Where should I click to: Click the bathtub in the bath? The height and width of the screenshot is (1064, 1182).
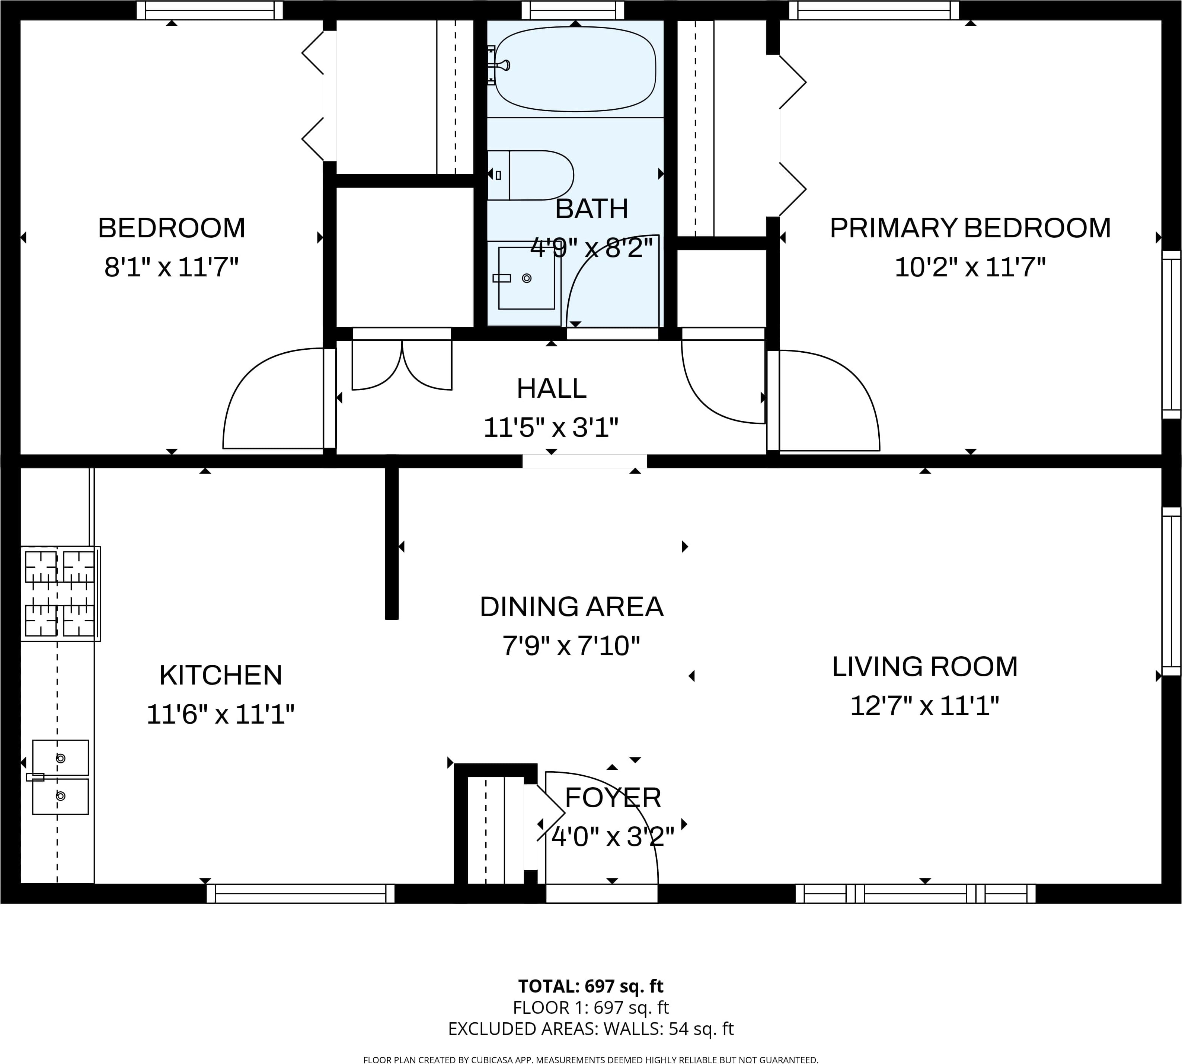pyautogui.click(x=575, y=69)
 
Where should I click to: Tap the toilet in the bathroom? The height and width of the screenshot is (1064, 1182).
pyautogui.click(x=530, y=175)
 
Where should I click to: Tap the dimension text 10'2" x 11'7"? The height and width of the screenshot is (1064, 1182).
pyautogui.click(x=970, y=267)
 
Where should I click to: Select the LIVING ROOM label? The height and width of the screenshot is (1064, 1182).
pyautogui.click(x=925, y=666)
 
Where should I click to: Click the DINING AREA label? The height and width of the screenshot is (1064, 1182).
pyautogui.click(x=571, y=607)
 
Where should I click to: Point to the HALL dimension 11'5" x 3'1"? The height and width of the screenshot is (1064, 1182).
pyautogui.click(x=551, y=427)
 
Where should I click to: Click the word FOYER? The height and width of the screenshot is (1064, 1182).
pyautogui.click(x=613, y=797)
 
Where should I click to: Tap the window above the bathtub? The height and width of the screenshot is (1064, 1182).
pyautogui.click(x=573, y=10)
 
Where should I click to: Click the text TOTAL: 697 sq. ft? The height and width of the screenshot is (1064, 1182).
pyautogui.click(x=591, y=986)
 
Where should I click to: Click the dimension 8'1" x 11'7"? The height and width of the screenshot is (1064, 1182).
pyautogui.click(x=171, y=267)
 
